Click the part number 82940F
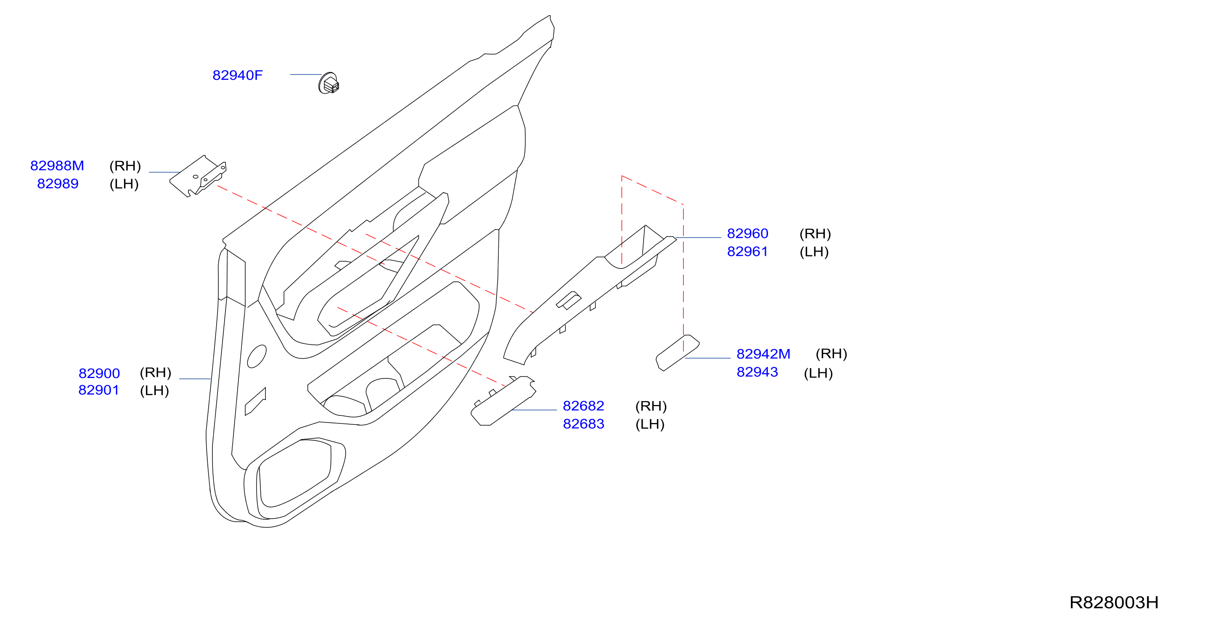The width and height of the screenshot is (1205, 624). point(237,75)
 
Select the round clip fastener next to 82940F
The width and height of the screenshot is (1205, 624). point(328,83)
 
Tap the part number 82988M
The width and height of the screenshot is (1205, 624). point(57,166)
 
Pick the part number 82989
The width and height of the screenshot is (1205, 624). point(58,184)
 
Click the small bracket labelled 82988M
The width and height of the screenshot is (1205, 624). point(198,176)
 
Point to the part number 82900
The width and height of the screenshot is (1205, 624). point(99,373)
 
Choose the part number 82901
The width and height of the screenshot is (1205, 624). point(99,390)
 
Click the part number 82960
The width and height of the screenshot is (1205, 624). point(747,233)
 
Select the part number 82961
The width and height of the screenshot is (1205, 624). point(747,251)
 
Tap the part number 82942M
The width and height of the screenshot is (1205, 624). point(763,354)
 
